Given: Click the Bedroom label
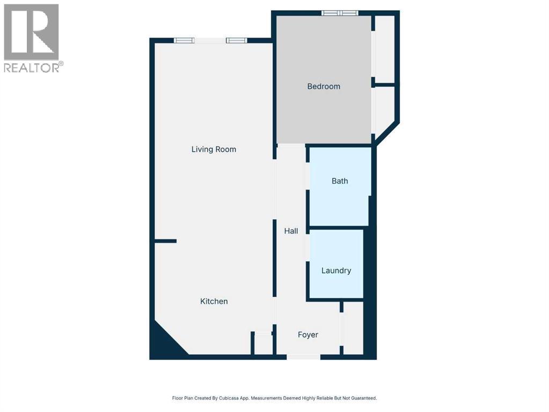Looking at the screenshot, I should pyautogui.click(x=324, y=86).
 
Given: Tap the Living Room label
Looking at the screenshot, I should pyautogui.click(x=214, y=149).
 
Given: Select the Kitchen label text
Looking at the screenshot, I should pyautogui.click(x=214, y=301).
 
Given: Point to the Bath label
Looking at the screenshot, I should pyautogui.click(x=340, y=181).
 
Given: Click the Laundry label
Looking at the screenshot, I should pyautogui.click(x=336, y=270).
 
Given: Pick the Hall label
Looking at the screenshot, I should pyautogui.click(x=291, y=231).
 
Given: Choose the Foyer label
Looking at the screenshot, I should pyautogui.click(x=308, y=335).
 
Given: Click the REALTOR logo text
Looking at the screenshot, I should pyautogui.click(x=33, y=68).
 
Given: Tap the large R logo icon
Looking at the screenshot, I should pyautogui.click(x=31, y=32).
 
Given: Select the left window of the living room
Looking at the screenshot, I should pyautogui.click(x=184, y=40).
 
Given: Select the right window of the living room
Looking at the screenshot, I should pyautogui.click(x=236, y=40).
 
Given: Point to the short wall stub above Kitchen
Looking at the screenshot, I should pyautogui.click(x=165, y=241).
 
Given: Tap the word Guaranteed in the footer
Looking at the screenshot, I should pyautogui.click(x=362, y=398).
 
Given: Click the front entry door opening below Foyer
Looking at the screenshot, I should pyautogui.click(x=303, y=357).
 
